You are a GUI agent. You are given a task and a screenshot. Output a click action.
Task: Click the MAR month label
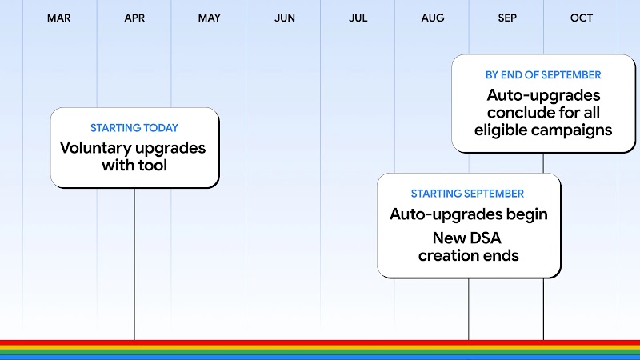59,18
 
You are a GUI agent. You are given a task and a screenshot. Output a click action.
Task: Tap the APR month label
134,18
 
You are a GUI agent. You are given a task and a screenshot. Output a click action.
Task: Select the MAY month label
209,18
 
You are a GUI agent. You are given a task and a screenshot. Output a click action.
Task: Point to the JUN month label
284,18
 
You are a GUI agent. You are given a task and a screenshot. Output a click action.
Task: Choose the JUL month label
358,18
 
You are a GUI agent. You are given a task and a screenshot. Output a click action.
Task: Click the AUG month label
433,18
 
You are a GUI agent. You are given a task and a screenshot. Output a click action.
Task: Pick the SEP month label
507,18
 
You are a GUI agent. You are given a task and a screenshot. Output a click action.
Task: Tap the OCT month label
582,18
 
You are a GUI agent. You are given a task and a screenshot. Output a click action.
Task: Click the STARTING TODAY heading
134,128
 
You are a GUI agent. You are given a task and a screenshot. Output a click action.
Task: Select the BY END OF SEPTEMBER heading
543,74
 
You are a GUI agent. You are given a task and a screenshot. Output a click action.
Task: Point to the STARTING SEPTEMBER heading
467,194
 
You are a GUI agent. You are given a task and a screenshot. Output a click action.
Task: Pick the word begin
526,214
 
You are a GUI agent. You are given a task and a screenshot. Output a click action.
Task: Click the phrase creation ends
468,256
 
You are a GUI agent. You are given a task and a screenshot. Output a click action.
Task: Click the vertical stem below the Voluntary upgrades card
134,264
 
